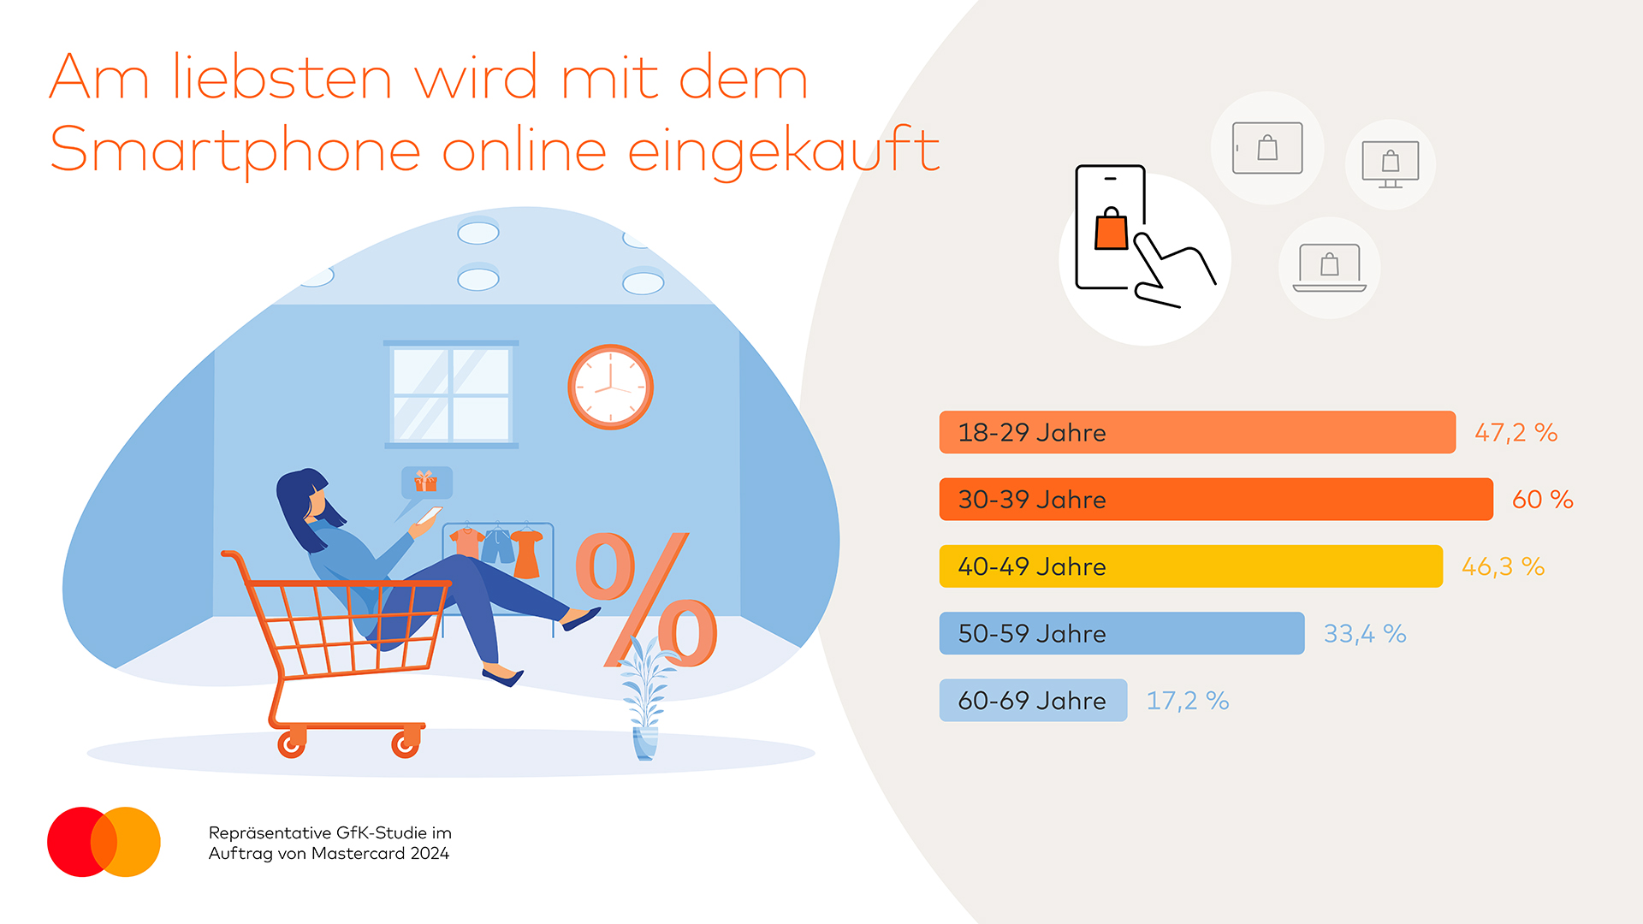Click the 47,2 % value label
click(1515, 432)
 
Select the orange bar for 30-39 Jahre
click(1215, 499)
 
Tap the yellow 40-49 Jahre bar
click(1190, 566)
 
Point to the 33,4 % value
click(1365, 633)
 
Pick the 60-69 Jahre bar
click(1032, 701)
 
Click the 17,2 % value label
click(1187, 701)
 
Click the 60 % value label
click(1542, 499)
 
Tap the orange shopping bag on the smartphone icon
click(1112, 229)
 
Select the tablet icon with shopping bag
click(1267, 148)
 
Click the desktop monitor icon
click(1391, 163)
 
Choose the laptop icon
click(1329, 268)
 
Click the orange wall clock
click(610, 387)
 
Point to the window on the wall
click(451, 394)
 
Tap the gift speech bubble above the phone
click(426, 483)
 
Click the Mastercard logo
click(104, 842)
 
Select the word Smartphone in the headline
click(235, 151)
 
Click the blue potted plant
click(645, 702)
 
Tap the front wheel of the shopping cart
click(405, 744)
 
